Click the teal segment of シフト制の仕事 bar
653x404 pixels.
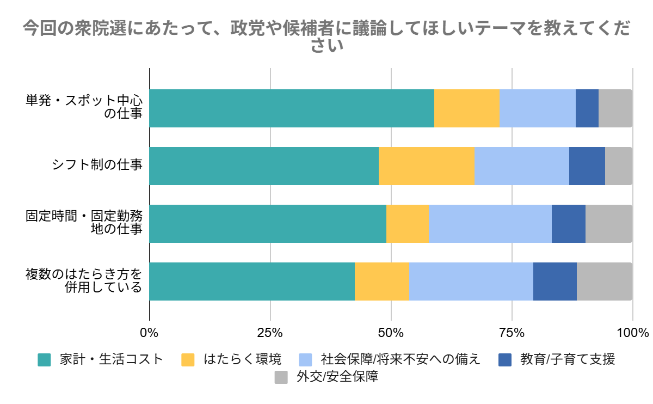(x=264, y=166)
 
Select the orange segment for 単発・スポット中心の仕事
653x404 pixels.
(x=467, y=108)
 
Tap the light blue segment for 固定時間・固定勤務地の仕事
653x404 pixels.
(x=490, y=224)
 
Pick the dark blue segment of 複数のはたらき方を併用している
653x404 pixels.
(x=555, y=281)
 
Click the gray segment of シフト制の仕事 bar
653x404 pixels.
(x=619, y=166)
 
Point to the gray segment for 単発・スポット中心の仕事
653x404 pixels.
(x=615, y=108)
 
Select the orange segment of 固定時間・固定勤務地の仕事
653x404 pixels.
(x=408, y=224)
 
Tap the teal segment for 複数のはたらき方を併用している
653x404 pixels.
(x=252, y=281)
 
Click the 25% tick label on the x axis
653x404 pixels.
(x=270, y=333)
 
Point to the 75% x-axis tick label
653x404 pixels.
(x=512, y=333)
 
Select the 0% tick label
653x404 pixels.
(x=149, y=333)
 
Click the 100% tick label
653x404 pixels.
(x=633, y=333)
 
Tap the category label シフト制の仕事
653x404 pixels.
(x=97, y=166)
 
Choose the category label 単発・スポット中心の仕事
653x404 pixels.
(x=84, y=108)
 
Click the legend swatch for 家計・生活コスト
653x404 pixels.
(x=44, y=360)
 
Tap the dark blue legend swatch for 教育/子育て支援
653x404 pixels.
(x=506, y=360)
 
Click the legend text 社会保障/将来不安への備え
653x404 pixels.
(x=401, y=360)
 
